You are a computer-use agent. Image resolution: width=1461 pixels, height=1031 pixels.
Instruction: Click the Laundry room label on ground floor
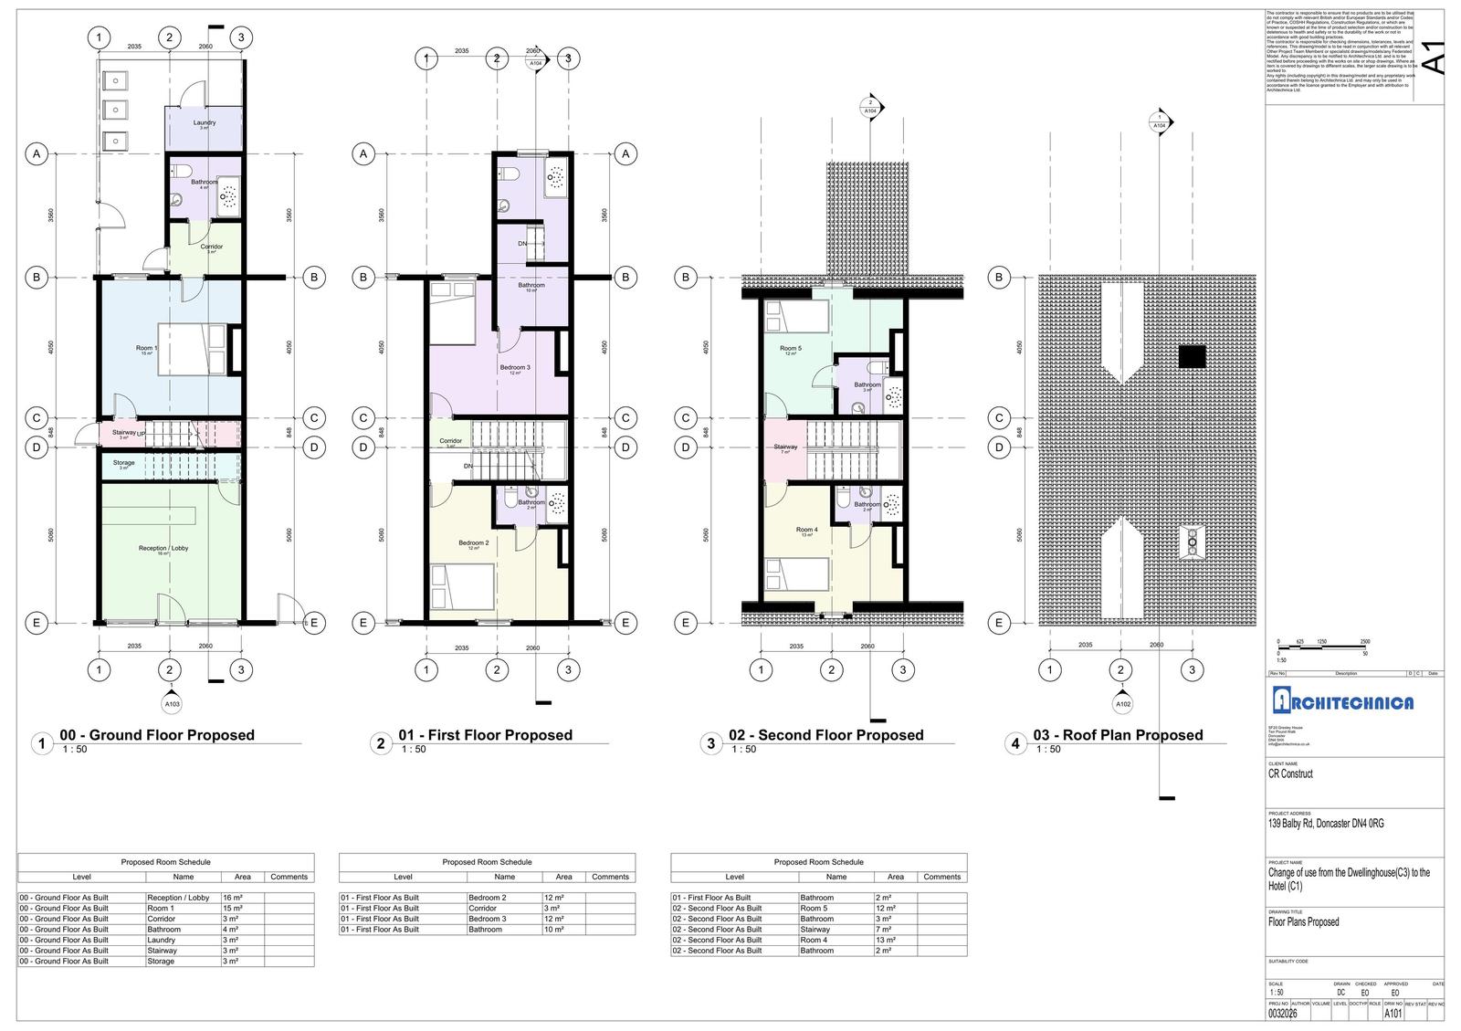(205, 122)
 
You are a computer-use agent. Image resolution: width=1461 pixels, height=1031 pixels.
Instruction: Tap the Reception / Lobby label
(163, 549)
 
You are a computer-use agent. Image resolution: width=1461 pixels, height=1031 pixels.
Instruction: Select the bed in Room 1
(193, 348)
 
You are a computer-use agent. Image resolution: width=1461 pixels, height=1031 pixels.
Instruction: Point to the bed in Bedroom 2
(462, 585)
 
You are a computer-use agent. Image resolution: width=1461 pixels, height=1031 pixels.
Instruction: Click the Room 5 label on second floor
(791, 349)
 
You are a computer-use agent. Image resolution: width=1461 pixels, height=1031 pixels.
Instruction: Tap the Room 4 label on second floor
(806, 530)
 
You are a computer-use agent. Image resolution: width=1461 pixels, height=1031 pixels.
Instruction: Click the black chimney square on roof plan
(1192, 357)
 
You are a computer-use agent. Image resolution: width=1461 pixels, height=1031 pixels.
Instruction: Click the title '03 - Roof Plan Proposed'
(1118, 735)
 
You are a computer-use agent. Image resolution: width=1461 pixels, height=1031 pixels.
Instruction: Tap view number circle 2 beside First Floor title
(381, 743)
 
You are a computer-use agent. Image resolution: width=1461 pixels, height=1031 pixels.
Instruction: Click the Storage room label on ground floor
(124, 463)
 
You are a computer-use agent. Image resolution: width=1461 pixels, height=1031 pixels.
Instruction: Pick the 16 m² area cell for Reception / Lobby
(232, 898)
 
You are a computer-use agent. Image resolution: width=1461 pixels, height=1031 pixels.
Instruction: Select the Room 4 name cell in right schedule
(814, 940)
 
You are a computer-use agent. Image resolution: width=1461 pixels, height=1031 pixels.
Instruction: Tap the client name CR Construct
(1290, 774)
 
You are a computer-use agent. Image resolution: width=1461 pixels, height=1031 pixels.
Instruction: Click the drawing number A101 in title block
(1393, 1013)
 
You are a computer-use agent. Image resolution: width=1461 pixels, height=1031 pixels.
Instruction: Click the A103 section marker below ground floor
(172, 704)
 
